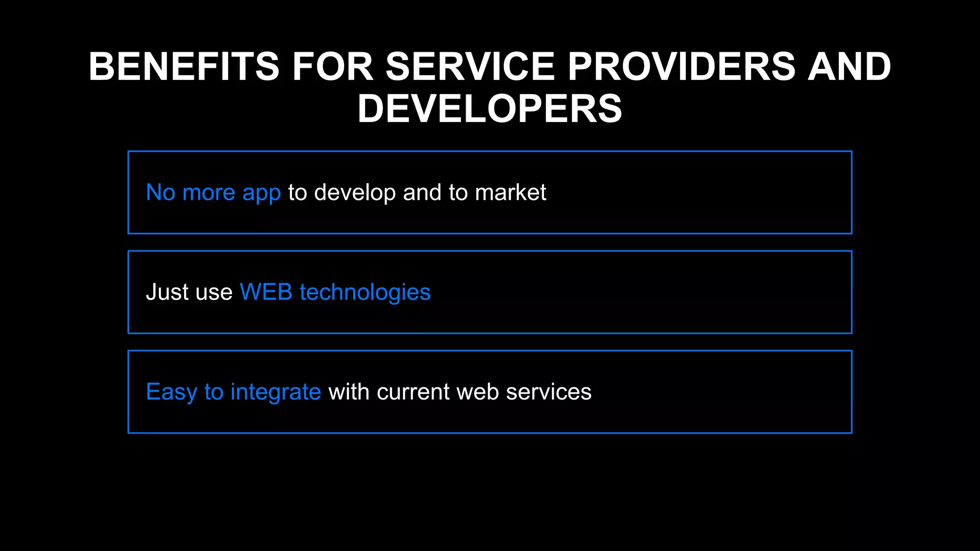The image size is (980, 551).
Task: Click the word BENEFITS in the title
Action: click(184, 66)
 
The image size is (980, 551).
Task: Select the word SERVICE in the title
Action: click(470, 66)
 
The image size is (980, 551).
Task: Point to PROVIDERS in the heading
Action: click(681, 66)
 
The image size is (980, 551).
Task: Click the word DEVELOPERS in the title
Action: click(490, 109)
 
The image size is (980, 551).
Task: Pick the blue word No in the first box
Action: click(160, 193)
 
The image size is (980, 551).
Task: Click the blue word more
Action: click(209, 193)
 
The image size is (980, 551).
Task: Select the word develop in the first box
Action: click(355, 193)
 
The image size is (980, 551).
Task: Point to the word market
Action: click(511, 193)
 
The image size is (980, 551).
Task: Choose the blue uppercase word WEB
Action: click(266, 292)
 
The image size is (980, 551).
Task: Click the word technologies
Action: click(365, 292)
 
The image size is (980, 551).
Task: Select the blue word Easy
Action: click(171, 392)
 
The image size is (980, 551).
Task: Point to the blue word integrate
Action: click(276, 392)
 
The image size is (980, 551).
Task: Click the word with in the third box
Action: click(349, 392)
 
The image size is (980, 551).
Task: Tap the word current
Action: click(413, 392)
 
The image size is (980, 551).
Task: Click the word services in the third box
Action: click(548, 392)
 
